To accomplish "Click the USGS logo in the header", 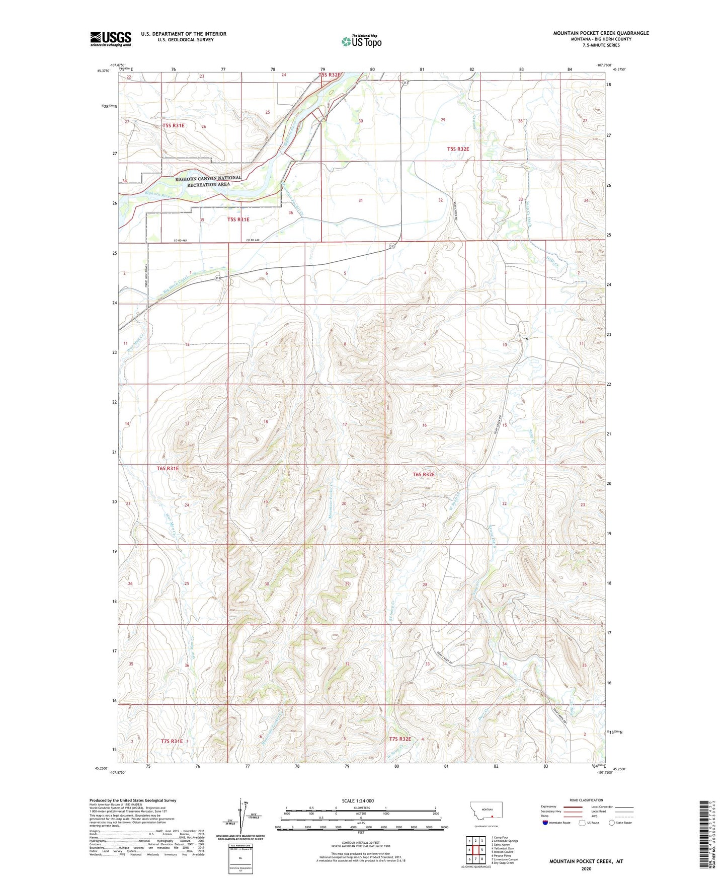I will click(x=110, y=38).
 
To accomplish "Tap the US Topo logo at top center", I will click(x=361, y=41).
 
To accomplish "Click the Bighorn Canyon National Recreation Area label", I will click(x=208, y=181).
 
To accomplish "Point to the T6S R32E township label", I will click(x=423, y=474).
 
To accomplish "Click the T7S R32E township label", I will click(x=400, y=739).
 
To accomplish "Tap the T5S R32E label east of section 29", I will click(x=458, y=149).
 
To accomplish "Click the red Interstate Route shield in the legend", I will click(x=545, y=823).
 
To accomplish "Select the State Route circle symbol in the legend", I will click(x=612, y=823).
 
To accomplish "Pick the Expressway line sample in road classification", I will click(x=573, y=807).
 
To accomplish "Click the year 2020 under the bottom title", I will click(x=586, y=868).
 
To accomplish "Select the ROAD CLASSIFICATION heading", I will click(x=586, y=800).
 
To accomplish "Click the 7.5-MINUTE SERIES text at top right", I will click(x=601, y=45).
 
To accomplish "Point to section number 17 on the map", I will click(x=345, y=424).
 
